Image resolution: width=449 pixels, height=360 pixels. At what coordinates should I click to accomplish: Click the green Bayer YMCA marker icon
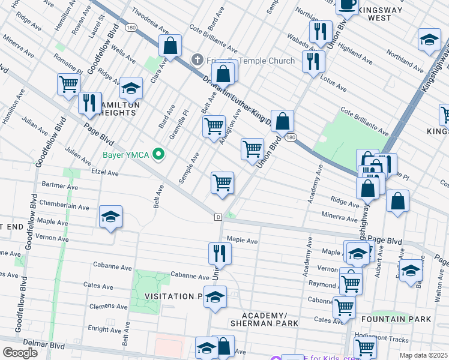coord(159,155)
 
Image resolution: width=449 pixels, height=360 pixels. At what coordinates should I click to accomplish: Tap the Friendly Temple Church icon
coord(196,60)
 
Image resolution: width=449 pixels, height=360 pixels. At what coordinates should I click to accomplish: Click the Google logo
coord(20,352)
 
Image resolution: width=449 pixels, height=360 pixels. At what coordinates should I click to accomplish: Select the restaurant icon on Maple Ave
coord(220,253)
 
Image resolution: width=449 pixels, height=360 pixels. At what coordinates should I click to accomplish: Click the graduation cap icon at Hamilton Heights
coord(131,88)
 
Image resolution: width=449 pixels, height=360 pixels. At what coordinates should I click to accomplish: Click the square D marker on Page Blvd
coord(218,216)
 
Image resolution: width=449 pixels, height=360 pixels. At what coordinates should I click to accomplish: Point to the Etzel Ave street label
coord(106,173)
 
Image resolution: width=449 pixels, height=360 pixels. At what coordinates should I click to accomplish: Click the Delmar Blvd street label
coord(48,346)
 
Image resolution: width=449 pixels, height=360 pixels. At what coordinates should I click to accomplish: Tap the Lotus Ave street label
coord(334,85)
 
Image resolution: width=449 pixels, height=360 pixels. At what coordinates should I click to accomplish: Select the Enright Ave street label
coord(104,328)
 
